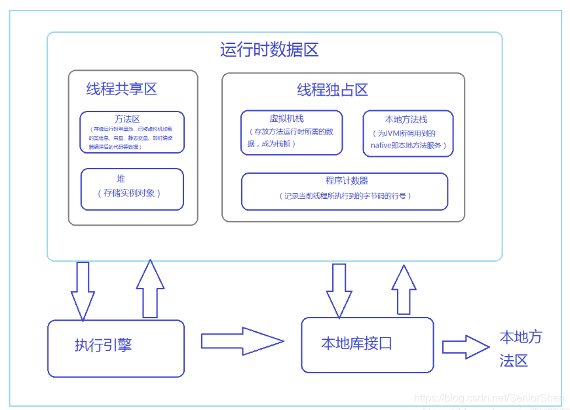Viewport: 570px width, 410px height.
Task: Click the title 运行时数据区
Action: click(x=269, y=50)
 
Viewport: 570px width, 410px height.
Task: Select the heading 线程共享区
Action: click(x=122, y=89)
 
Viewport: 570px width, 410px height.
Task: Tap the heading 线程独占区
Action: click(x=332, y=90)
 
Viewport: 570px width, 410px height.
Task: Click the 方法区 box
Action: click(x=132, y=132)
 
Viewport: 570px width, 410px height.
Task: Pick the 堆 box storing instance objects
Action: click(x=132, y=189)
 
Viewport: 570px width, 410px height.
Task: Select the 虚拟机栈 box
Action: click(x=291, y=133)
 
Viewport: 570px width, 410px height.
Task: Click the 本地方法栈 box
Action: click(x=408, y=133)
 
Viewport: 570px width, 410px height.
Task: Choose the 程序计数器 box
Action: click(x=345, y=191)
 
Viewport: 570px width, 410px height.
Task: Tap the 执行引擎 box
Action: click(x=115, y=348)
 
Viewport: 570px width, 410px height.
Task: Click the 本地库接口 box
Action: click(x=367, y=344)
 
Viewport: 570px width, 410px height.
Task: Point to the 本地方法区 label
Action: click(x=520, y=349)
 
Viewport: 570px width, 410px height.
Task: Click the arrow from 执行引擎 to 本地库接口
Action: click(x=242, y=341)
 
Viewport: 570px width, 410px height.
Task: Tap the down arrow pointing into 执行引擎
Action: click(x=83, y=291)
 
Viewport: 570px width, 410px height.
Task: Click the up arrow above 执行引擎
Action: click(x=150, y=289)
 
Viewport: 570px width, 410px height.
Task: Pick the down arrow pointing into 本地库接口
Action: click(x=339, y=290)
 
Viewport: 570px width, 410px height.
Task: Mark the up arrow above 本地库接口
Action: click(x=404, y=289)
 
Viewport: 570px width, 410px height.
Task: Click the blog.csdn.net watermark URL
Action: click(x=489, y=398)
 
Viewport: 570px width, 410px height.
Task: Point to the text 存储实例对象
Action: click(x=132, y=193)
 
